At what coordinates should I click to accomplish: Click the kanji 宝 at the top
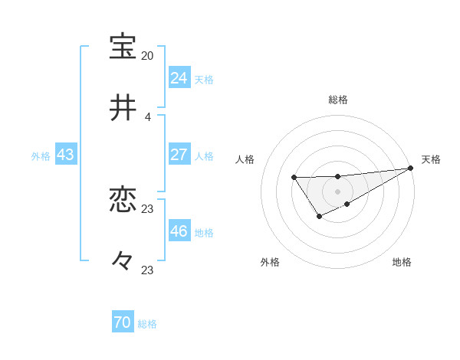coord(123,47)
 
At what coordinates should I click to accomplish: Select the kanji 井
coord(123,108)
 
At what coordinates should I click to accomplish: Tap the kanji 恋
coord(123,201)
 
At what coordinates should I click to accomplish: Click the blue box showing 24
coord(179,78)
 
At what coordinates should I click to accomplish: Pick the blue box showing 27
coord(179,155)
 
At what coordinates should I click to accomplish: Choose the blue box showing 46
coord(179,231)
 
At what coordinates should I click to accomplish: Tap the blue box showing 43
coord(66,155)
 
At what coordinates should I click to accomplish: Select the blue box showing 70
coord(123,323)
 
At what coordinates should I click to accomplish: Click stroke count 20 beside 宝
coord(147,56)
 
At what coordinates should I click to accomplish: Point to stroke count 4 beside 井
coord(147,117)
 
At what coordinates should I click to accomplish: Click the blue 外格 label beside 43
coord(41,156)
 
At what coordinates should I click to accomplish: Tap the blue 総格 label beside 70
coord(147,325)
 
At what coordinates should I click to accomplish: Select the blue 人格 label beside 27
coord(204,156)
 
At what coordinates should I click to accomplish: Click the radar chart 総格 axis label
coord(338,100)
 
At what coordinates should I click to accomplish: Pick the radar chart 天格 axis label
coord(431,159)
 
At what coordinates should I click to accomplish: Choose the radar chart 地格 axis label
coord(402,262)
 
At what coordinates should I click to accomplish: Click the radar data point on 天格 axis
coord(411,169)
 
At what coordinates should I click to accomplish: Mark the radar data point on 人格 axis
coord(294,178)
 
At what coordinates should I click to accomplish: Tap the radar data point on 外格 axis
coord(319,218)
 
